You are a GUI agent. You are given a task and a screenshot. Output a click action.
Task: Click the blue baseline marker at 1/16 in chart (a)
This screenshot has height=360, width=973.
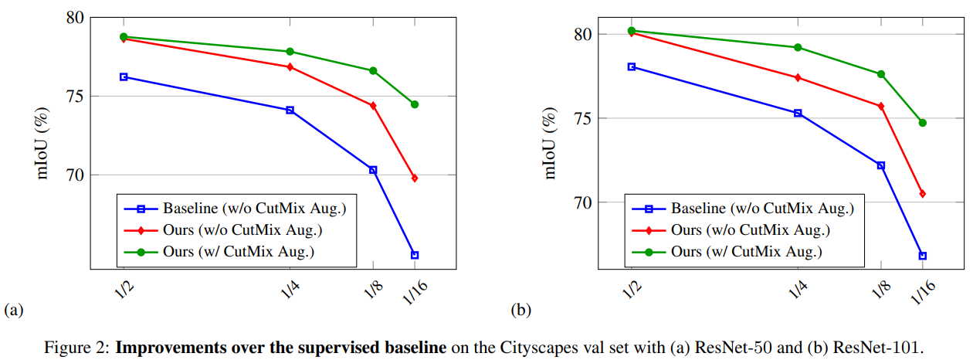pos(415,255)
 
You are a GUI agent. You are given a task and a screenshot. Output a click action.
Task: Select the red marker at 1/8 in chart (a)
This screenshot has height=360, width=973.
pos(373,105)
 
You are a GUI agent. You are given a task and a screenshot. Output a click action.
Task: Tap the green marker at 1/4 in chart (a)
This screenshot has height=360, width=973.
pos(290,52)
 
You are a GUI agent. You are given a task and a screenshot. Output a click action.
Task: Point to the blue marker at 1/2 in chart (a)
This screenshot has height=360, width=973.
pos(124,76)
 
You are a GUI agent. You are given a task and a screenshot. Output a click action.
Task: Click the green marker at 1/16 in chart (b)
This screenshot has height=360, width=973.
pos(922,123)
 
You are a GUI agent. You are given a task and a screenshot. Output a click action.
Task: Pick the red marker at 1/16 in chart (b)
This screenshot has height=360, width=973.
pos(922,194)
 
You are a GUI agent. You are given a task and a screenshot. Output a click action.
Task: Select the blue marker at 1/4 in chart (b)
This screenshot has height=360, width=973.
pos(798,113)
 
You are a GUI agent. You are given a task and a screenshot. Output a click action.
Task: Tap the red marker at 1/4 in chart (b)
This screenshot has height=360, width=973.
pos(798,77)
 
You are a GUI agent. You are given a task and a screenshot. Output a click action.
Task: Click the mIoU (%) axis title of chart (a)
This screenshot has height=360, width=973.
pos(42,144)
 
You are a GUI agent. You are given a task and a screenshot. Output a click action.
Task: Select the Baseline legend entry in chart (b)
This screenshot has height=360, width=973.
pos(761,208)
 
